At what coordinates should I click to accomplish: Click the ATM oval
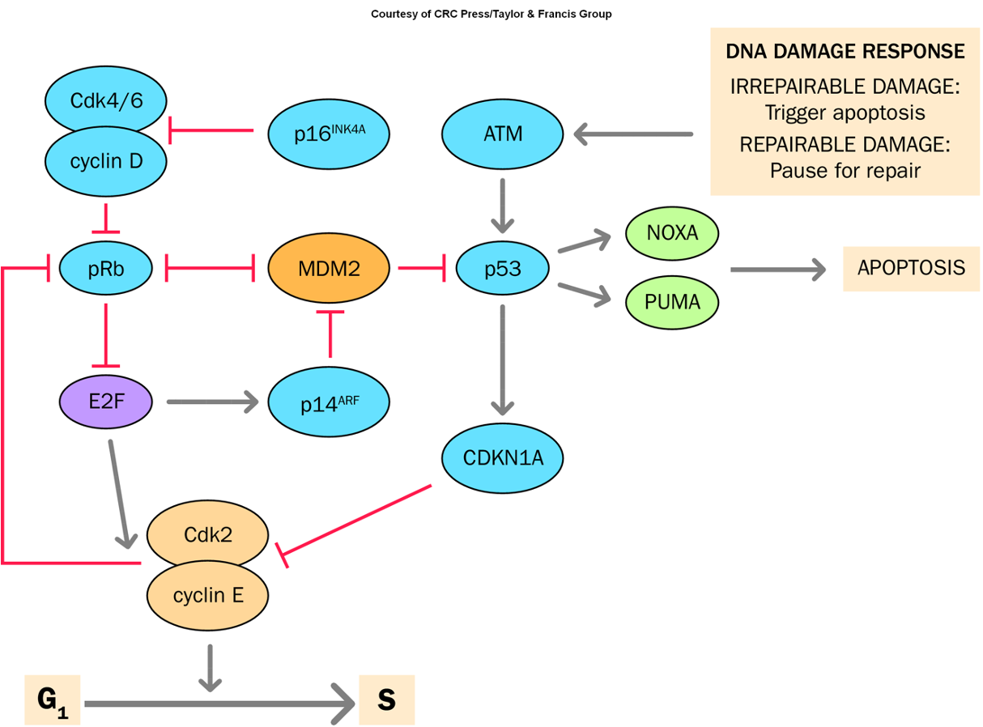pyautogui.click(x=503, y=134)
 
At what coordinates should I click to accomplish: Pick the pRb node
pyautogui.click(x=106, y=269)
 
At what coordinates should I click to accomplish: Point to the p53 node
pyautogui.click(x=503, y=268)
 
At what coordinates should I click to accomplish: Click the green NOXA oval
pyautogui.click(x=672, y=233)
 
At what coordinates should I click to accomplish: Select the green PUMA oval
pyautogui.click(x=672, y=302)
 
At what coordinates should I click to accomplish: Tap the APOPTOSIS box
pyautogui.click(x=911, y=268)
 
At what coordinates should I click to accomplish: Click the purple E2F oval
pyautogui.click(x=106, y=401)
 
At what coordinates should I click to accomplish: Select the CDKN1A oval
pyautogui.click(x=503, y=457)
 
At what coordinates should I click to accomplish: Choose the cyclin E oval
pyautogui.click(x=208, y=596)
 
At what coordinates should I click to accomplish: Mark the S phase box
pyautogui.click(x=387, y=699)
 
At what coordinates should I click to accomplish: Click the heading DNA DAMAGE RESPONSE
pyautogui.click(x=845, y=52)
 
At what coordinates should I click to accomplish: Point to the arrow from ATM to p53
pyautogui.click(x=503, y=204)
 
